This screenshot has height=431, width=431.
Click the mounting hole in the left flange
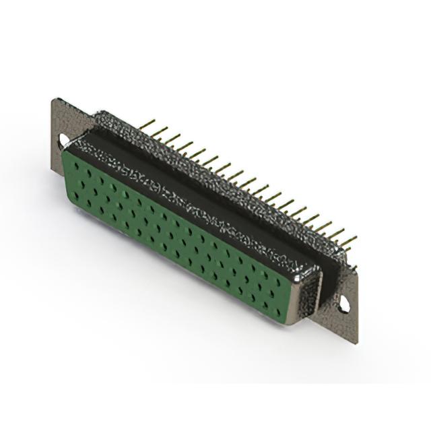(65, 141)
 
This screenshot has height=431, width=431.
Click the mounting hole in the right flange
(344, 304)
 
